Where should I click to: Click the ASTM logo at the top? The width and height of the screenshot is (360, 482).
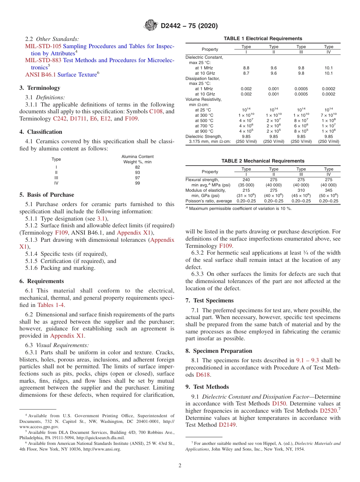pos(151,26)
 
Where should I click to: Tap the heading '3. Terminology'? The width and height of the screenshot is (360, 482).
pos(40,88)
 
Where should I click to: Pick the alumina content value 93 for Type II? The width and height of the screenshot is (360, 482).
pos(137,172)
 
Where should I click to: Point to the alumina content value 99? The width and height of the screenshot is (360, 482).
pos(137,183)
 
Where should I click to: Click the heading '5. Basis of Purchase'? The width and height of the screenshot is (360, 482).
pos(47,195)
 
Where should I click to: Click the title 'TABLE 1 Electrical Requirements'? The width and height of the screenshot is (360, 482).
pos(263,39)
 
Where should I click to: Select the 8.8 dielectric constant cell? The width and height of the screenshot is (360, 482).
pos(246,68)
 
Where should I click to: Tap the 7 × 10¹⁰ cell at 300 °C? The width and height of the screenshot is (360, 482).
pos(329,115)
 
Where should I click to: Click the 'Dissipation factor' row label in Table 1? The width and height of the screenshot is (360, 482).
pos(202,78)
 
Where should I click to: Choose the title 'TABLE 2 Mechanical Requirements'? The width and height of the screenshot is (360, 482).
pos(263,161)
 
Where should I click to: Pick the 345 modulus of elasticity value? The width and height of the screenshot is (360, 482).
pos(329,190)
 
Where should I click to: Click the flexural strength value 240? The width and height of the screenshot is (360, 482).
pos(246,180)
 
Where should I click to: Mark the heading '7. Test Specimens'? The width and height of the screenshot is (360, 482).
pos(210,300)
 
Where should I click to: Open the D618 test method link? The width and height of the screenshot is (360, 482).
pos(203,375)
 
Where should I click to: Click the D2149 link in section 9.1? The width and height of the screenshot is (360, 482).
pos(228,425)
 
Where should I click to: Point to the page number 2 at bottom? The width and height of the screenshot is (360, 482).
pos(180,466)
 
